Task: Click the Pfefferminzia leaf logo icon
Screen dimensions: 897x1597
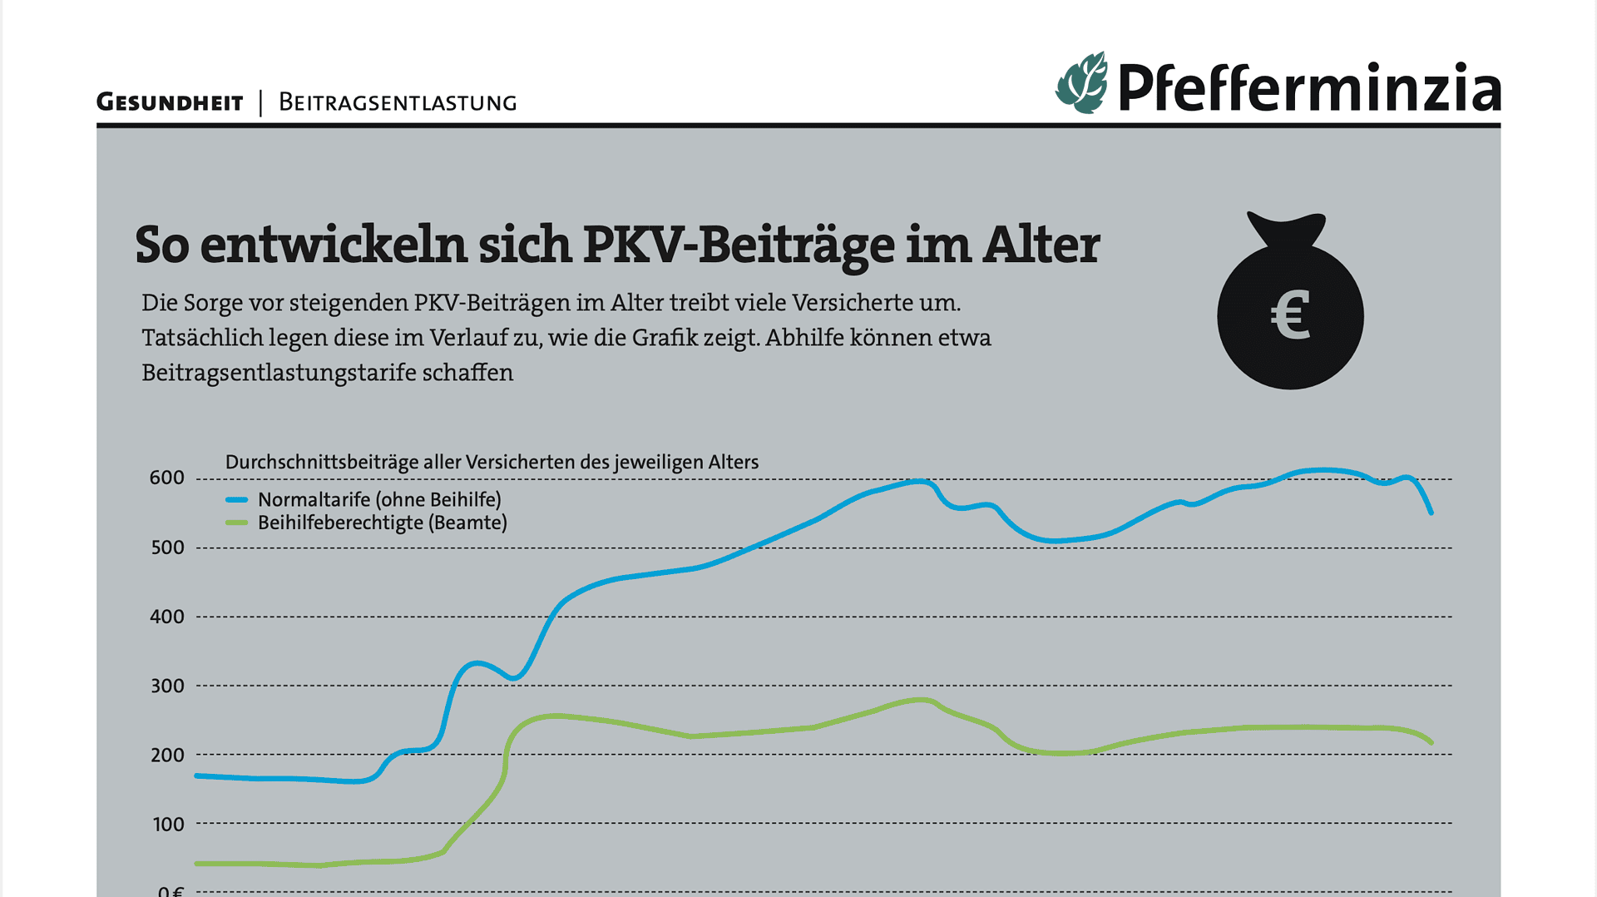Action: [x=1081, y=83]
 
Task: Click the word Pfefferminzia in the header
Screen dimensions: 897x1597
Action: [x=1309, y=88]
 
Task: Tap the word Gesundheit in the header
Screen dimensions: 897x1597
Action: [x=170, y=102]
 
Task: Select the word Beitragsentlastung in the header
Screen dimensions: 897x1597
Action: [x=398, y=102]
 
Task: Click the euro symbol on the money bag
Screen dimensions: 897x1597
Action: [x=1290, y=315]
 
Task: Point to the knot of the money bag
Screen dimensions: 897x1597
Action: [x=1285, y=230]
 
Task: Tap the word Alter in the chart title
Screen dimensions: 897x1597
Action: [x=1041, y=245]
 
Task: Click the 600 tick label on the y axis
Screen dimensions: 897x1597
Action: [x=166, y=478]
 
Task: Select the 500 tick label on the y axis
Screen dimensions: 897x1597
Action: [x=166, y=548]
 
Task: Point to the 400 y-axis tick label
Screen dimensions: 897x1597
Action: [x=166, y=617]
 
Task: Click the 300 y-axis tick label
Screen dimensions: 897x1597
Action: [x=166, y=686]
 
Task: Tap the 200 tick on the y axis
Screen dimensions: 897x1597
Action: [x=166, y=755]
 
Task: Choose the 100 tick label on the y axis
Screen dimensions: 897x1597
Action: [x=168, y=824]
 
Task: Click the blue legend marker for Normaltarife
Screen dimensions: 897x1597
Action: [x=237, y=500]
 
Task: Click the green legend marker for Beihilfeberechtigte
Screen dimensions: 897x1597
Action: [x=237, y=523]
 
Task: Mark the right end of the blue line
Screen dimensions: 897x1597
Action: [x=1431, y=512]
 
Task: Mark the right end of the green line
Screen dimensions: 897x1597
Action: [x=1431, y=741]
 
